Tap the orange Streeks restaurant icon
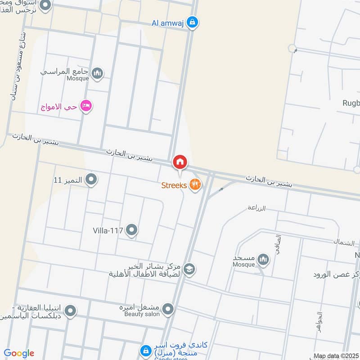195,184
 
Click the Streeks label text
175,185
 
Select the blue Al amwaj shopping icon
192,22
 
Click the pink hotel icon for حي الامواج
85,106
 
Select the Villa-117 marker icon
131,230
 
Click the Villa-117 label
108,230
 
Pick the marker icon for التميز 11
91,180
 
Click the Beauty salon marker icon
168,309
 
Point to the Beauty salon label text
142,314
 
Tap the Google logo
19,353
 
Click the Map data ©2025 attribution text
335,356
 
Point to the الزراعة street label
256,208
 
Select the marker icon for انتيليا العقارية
70,310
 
